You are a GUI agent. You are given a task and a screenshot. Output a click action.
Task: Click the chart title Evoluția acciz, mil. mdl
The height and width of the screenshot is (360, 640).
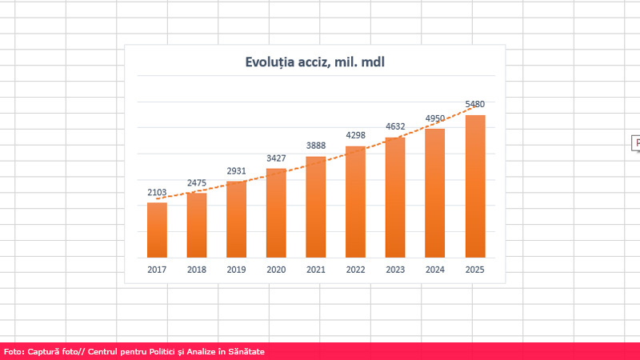point(315,62)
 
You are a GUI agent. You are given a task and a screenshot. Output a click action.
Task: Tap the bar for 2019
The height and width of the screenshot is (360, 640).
point(236,219)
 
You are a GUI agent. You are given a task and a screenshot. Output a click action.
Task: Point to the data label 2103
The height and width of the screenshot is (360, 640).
point(157,193)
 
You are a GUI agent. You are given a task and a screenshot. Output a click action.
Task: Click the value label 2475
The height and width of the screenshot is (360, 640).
point(197,183)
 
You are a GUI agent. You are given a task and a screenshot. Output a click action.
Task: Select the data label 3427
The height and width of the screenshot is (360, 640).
point(276,158)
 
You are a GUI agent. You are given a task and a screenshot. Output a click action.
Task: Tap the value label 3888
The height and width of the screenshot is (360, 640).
point(316,146)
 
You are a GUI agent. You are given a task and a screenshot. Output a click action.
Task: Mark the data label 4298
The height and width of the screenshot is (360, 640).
point(356,136)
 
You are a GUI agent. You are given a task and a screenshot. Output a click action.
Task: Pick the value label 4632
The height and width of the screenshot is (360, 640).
point(395,126)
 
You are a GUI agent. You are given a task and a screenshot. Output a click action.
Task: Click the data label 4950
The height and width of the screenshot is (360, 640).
point(435,118)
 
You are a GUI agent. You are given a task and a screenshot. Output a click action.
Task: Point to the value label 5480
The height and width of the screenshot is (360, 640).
point(475,104)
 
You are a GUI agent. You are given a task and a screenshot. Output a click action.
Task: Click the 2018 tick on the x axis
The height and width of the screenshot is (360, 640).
point(197,270)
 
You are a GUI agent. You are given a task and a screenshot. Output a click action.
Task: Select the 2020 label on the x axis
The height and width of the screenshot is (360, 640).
point(276,270)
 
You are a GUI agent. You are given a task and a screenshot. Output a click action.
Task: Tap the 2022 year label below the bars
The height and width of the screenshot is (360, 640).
point(356,270)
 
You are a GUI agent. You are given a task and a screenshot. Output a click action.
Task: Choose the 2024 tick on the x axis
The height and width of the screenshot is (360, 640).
point(435,270)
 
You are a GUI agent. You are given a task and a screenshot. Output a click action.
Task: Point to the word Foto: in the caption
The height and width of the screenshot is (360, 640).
point(14,351)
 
